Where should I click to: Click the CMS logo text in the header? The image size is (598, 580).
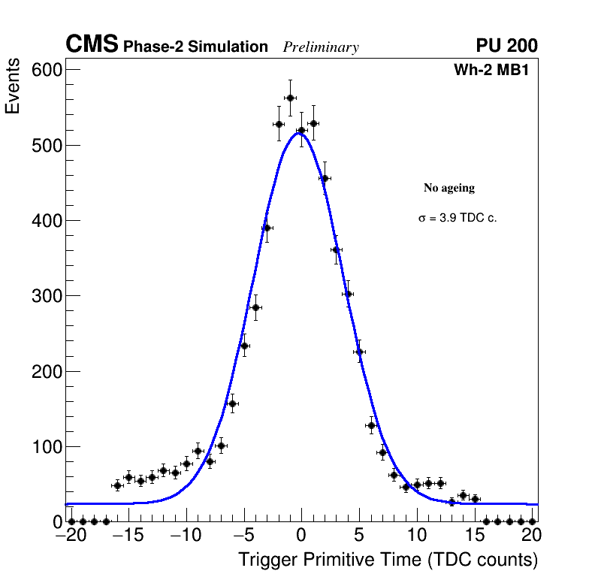(x=92, y=45)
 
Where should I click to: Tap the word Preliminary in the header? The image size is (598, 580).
(x=321, y=47)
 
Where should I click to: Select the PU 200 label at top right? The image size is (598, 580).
(x=506, y=46)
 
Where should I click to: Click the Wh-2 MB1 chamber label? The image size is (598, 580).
(x=495, y=70)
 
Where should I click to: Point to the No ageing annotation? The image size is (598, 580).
(x=449, y=188)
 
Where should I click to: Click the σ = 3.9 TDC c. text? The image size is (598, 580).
(x=458, y=218)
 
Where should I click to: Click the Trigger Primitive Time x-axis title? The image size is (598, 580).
(x=388, y=560)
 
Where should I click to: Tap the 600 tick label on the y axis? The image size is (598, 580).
(x=46, y=70)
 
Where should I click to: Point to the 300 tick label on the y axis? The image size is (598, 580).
(x=46, y=296)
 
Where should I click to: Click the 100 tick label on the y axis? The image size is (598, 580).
(x=46, y=447)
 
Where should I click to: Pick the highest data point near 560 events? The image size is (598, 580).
(x=290, y=98)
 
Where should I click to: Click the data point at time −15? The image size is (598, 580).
(x=128, y=477)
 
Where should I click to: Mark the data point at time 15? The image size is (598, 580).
(x=475, y=499)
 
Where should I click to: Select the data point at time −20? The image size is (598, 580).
(x=71, y=521)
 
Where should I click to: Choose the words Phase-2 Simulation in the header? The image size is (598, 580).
(x=195, y=47)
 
